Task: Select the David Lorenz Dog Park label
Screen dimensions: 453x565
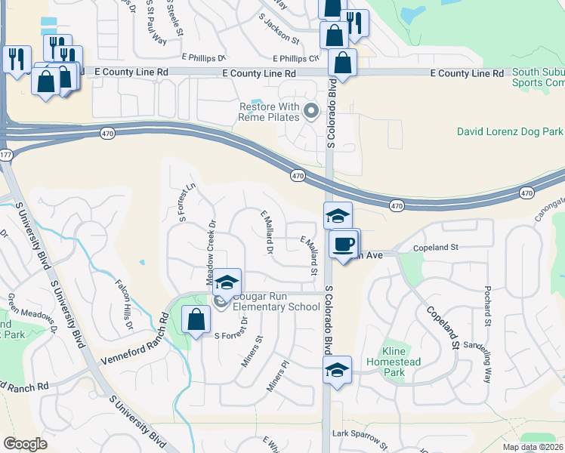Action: coord(510,131)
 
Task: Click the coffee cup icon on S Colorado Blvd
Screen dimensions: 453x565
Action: coord(344,244)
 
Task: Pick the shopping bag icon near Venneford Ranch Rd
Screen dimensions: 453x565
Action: coord(196,319)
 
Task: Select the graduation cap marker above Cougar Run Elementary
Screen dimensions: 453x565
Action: coord(226,283)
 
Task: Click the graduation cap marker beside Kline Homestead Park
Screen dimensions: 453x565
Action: coord(337,370)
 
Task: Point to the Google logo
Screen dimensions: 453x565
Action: coord(25,444)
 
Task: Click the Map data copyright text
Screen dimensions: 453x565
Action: coord(533,447)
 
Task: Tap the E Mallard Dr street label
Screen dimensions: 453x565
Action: coord(267,233)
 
